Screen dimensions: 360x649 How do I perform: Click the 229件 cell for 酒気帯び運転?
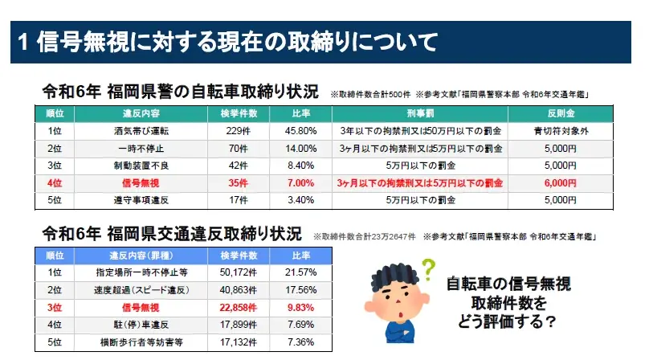(x=233, y=130)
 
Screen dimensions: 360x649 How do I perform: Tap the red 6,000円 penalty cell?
(x=560, y=183)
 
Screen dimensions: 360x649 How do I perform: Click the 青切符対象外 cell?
(x=560, y=130)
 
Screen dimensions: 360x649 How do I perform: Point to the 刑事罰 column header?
(x=420, y=113)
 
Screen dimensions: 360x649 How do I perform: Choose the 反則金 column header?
(x=560, y=113)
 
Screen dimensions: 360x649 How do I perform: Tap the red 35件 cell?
(x=233, y=183)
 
